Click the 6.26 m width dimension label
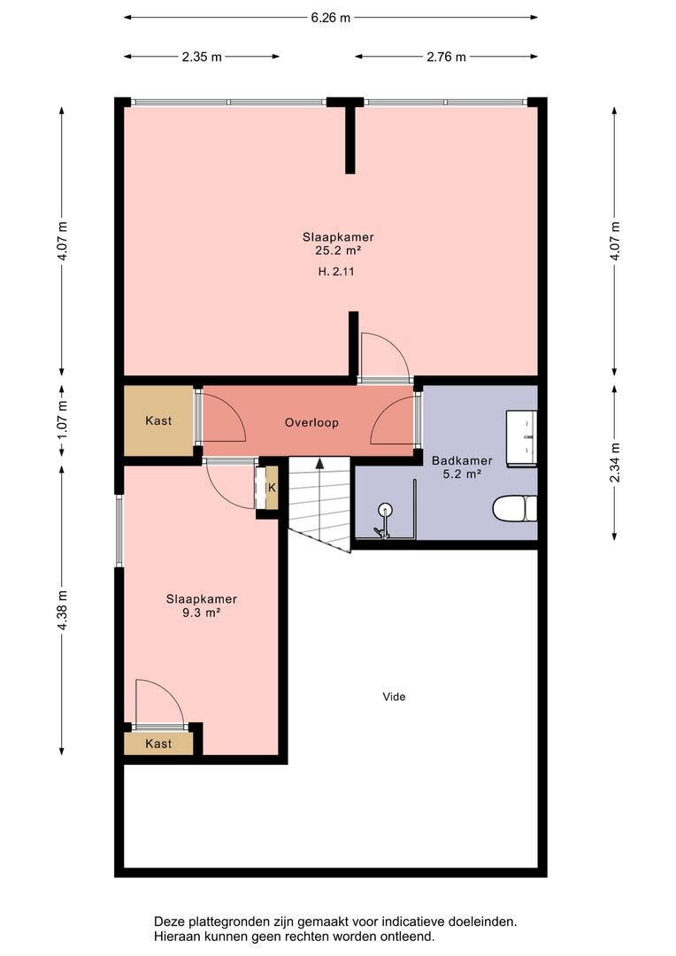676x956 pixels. (330, 18)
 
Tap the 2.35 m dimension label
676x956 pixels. (202, 58)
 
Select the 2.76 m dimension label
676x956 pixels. (446, 58)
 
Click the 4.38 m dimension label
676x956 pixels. (62, 611)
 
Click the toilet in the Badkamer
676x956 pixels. (514, 508)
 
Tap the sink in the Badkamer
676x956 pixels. (521, 438)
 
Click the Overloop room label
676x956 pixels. (311, 422)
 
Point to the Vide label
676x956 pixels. (394, 697)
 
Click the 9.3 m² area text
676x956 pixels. (201, 613)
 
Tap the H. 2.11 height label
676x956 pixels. (336, 272)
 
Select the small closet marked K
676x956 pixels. (272, 488)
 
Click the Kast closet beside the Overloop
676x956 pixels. (158, 420)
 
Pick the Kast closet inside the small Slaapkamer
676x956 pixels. (158, 744)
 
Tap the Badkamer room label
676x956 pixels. (462, 461)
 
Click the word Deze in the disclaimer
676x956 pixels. (167, 921)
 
